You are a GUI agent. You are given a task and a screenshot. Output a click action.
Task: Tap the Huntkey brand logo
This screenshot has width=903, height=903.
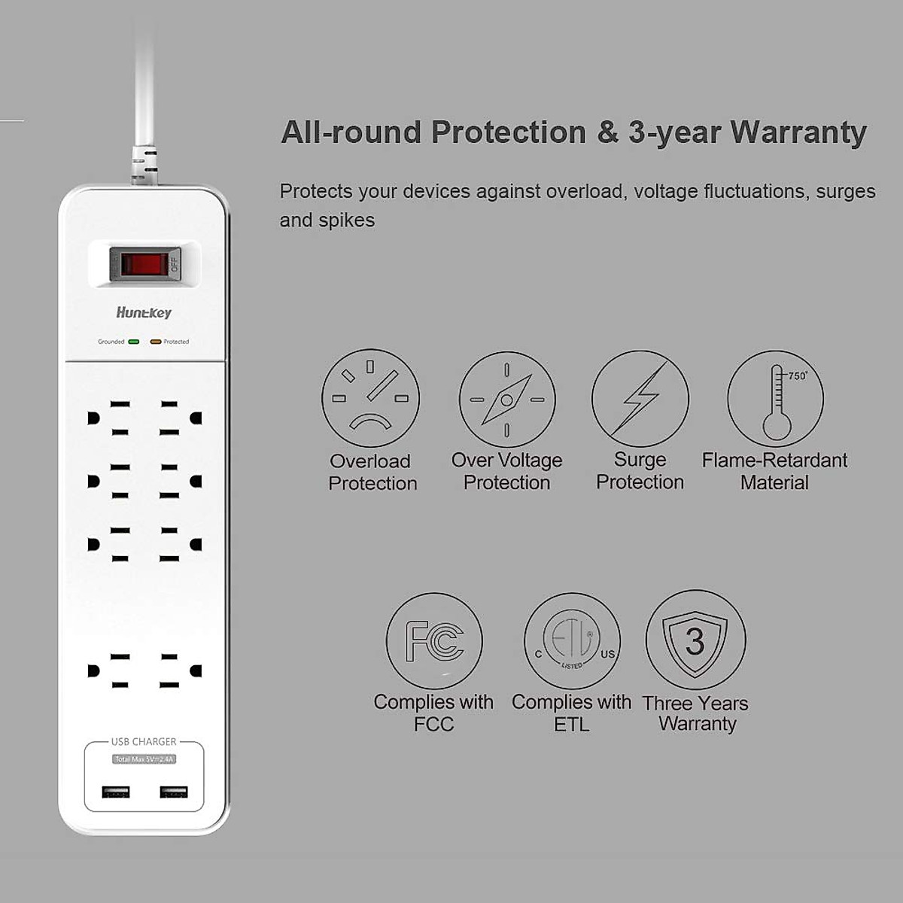144,312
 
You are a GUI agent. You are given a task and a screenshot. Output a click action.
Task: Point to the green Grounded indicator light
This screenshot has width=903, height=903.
134,342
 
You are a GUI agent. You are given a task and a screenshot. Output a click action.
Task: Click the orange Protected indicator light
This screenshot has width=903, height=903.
156,342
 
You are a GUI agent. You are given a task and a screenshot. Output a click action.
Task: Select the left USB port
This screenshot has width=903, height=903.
116,792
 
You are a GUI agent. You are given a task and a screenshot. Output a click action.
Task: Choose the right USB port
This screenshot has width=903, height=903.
173,792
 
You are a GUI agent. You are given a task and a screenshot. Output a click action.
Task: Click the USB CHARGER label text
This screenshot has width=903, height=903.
144,742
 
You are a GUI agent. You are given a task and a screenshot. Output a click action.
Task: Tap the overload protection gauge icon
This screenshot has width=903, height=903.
370,399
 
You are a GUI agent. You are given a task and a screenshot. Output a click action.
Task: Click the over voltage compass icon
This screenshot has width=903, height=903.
506,400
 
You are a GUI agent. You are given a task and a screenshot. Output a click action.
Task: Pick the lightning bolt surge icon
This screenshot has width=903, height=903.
640,399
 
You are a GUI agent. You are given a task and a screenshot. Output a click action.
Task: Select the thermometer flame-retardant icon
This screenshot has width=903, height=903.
776,400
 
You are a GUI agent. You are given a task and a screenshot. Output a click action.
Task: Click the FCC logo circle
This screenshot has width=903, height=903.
434,641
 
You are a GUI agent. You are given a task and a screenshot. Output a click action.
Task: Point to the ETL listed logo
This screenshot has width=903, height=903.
572,641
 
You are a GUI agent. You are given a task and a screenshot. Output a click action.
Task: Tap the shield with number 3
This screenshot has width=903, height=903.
695,640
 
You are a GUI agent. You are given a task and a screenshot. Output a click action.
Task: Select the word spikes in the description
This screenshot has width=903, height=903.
345,220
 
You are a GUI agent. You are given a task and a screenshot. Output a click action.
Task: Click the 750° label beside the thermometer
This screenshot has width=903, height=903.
797,375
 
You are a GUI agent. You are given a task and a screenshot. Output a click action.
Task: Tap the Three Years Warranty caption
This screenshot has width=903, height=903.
695,713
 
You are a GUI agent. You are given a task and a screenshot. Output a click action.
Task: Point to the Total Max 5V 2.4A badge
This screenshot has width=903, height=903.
144,759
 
